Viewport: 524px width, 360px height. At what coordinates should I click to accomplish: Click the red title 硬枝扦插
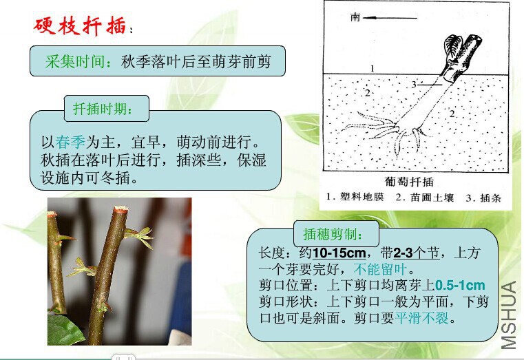pyautogui.click(x=80, y=25)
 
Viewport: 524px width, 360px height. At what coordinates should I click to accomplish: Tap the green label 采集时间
pyautogui.click(x=76, y=62)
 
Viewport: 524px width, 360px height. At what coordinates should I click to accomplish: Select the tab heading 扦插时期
pyautogui.click(x=103, y=109)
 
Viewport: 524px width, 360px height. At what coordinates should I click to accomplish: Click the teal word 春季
pyautogui.click(x=70, y=142)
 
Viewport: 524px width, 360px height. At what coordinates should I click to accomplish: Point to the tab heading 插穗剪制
pyautogui.click(x=333, y=234)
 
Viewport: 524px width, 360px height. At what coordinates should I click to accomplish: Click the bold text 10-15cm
pyautogui.click(x=339, y=253)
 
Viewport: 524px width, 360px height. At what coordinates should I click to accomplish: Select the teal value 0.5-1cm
pyautogui.click(x=460, y=285)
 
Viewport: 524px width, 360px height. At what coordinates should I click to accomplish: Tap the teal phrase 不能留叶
pyautogui.click(x=380, y=269)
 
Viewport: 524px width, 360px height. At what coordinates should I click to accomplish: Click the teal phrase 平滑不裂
pyautogui.click(x=421, y=317)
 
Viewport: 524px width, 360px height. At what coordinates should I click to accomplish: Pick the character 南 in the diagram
pyautogui.click(x=355, y=17)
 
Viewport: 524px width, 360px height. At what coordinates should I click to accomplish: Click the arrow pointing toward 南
pyautogui.click(x=390, y=18)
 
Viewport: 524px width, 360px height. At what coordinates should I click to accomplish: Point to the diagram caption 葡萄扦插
pyautogui.click(x=409, y=182)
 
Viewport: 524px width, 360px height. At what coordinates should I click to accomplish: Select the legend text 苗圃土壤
pyautogui.click(x=432, y=198)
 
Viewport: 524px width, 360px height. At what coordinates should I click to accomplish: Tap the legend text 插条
pyautogui.click(x=490, y=198)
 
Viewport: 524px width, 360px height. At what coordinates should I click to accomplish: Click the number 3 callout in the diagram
pyautogui.click(x=414, y=85)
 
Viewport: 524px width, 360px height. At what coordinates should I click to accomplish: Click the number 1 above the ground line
pyautogui.click(x=373, y=68)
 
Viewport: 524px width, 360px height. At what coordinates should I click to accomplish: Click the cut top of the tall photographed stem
pyautogui.click(x=120, y=209)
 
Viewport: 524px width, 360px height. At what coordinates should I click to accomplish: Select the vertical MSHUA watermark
pyautogui.click(x=510, y=315)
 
